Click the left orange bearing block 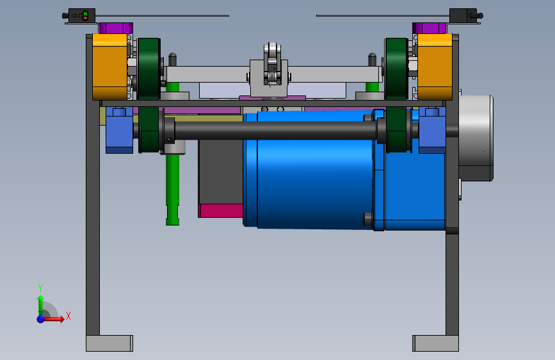[109, 67]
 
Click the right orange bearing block [435, 67]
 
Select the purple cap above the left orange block [116, 28]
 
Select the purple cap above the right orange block [429, 28]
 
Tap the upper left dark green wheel [149, 69]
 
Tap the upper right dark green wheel [396, 69]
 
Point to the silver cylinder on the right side [476, 138]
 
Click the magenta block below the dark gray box [220, 211]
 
